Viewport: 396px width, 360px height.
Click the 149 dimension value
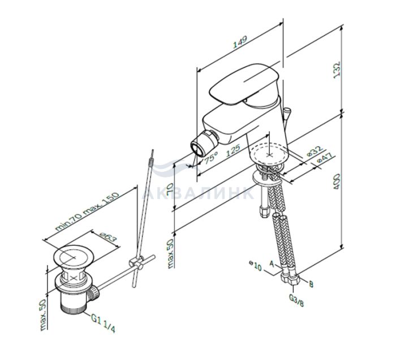point(240,42)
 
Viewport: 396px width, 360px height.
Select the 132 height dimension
point(337,70)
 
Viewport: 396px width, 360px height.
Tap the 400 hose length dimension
point(337,181)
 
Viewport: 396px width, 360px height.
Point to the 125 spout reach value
point(233,150)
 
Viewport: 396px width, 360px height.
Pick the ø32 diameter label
point(314,151)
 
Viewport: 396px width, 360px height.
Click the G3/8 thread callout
point(296,300)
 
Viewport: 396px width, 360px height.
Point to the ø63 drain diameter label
point(109,237)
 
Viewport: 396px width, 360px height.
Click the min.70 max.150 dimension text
point(87,212)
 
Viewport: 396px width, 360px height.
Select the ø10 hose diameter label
point(255,266)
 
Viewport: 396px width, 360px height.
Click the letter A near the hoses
point(272,264)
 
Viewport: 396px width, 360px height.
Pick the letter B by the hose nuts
point(311,284)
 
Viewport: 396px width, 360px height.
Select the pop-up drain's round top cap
point(74,257)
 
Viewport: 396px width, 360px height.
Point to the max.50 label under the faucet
point(170,253)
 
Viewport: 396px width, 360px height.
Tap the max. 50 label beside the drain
point(44,315)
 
